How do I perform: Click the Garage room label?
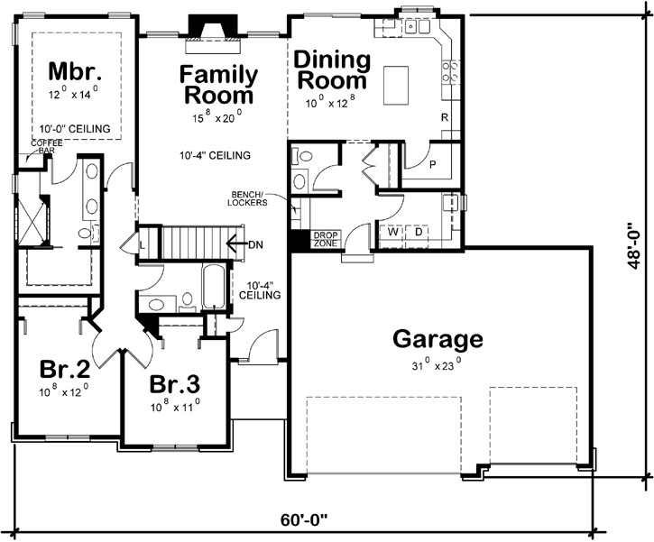coord(438,340)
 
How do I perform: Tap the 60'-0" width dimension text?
coord(304,521)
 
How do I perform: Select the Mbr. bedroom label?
coord(75,71)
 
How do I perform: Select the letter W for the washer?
coord(394,232)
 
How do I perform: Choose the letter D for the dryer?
coord(419,232)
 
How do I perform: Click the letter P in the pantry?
coord(432,165)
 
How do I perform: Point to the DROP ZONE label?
coord(325,239)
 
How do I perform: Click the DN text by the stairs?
coord(256,243)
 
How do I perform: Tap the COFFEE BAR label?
coord(44,147)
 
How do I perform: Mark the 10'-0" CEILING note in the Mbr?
coord(76,129)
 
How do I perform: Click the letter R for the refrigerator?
coord(445,118)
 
